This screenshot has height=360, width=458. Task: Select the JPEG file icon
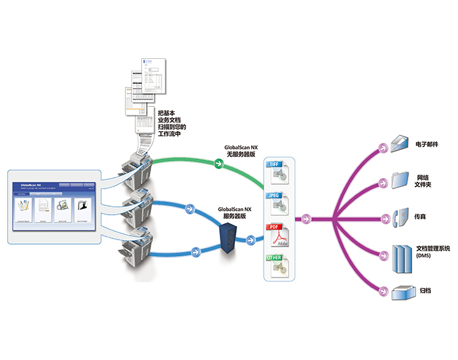pyautogui.click(x=279, y=204)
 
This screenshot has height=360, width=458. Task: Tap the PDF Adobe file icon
pyautogui.click(x=279, y=236)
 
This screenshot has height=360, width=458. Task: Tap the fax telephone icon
pyautogui.click(x=400, y=215)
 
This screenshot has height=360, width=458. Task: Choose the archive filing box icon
pyautogui.click(x=400, y=292)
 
